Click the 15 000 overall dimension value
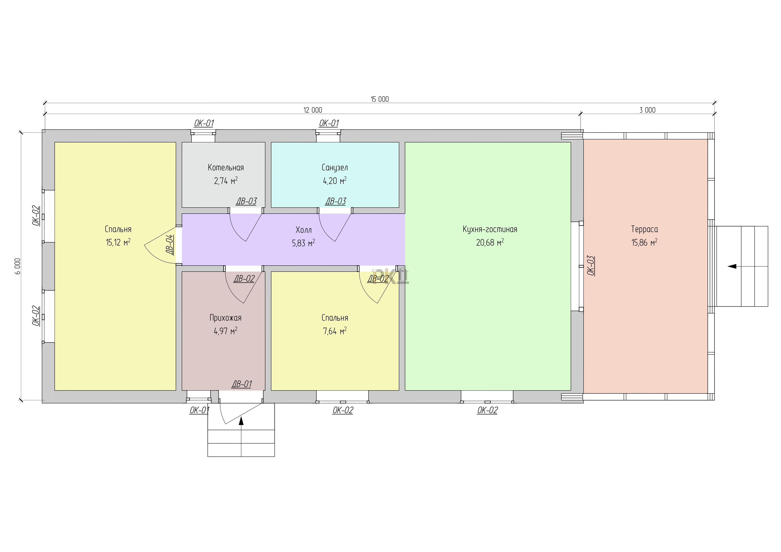pyautogui.click(x=380, y=99)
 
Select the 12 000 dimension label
pyautogui.click(x=313, y=110)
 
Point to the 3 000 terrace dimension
pyautogui.click(x=647, y=110)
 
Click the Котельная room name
pyautogui.click(x=226, y=168)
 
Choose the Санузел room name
pyautogui.click(x=335, y=168)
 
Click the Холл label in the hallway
pyautogui.click(x=303, y=230)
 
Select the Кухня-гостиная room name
pyautogui.click(x=490, y=229)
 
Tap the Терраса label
pyautogui.click(x=644, y=229)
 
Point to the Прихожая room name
pyautogui.click(x=226, y=318)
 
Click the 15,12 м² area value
pyautogui.click(x=118, y=242)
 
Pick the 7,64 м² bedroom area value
pyautogui.click(x=335, y=331)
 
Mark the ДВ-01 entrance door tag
pyautogui.click(x=241, y=384)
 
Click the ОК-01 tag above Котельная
pyautogui.click(x=204, y=123)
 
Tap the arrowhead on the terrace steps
pyautogui.click(x=732, y=267)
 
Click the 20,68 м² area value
pyautogui.click(x=490, y=242)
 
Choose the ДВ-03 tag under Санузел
pyautogui.click(x=336, y=201)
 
